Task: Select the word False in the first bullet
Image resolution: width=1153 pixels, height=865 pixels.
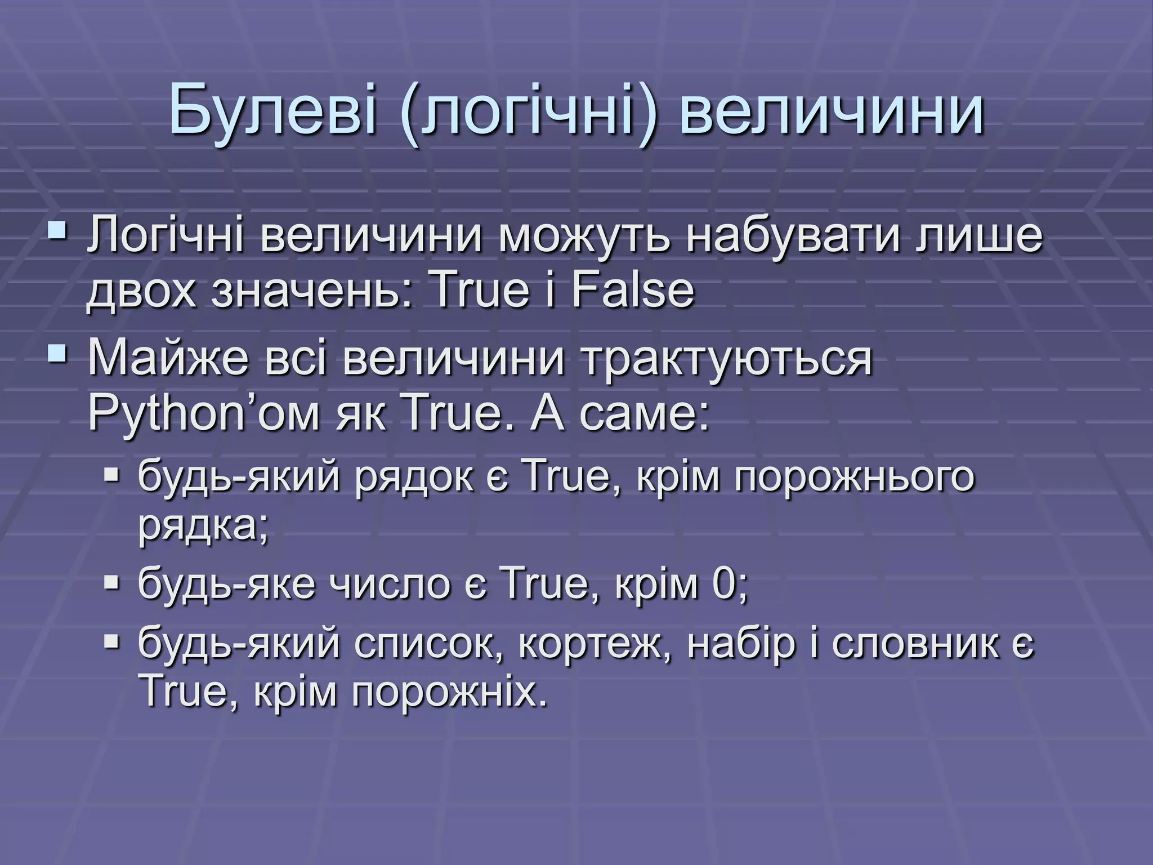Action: point(633,292)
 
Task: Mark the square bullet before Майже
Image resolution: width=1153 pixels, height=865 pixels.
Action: point(57,353)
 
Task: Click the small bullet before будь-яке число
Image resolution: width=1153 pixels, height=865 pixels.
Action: point(112,582)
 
